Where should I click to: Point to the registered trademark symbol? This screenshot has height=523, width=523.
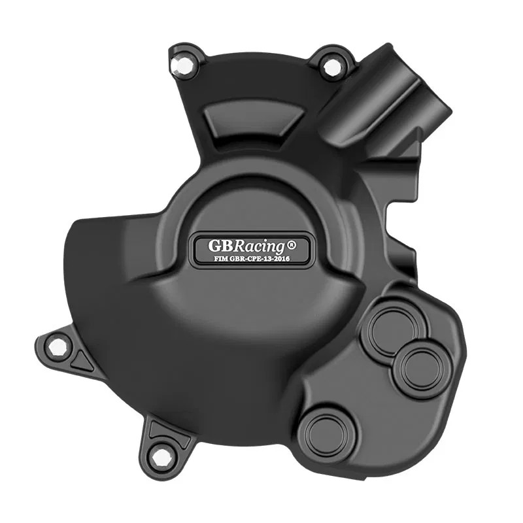(x=292, y=246)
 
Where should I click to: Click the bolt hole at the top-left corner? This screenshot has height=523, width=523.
(x=178, y=64)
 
